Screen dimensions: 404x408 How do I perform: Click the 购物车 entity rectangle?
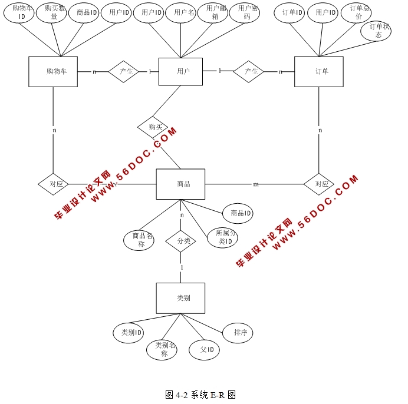(53, 72)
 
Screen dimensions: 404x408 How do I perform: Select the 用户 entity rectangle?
(180, 72)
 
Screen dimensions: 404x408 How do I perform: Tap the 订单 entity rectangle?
(318, 72)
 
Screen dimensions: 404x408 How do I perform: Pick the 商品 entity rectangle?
(180, 184)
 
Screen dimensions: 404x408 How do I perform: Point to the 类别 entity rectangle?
(180, 298)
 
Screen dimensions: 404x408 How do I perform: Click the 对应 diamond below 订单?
(319, 184)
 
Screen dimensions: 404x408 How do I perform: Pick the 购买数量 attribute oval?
(51, 13)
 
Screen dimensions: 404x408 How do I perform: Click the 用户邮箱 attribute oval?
(213, 13)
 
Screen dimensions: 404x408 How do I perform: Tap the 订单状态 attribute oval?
(376, 31)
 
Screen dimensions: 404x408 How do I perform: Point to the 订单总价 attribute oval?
(357, 13)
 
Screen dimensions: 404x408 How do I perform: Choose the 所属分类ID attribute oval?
(223, 237)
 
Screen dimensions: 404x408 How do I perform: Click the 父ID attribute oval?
(205, 350)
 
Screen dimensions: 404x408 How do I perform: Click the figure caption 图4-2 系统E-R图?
(200, 395)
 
